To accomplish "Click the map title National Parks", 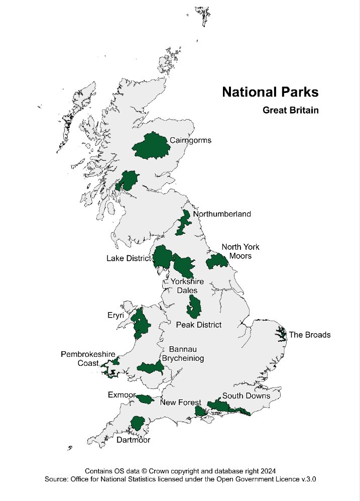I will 270,92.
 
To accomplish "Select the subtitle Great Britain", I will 290,110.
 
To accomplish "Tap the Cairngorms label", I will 191,140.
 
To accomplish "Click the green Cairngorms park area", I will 150,146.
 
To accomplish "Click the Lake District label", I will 129,259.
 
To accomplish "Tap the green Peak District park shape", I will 194,307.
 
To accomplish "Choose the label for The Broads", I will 310,335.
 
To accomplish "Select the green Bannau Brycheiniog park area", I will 150,368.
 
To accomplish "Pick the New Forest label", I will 180,403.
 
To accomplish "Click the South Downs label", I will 246,396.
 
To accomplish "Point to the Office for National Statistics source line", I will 180,480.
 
